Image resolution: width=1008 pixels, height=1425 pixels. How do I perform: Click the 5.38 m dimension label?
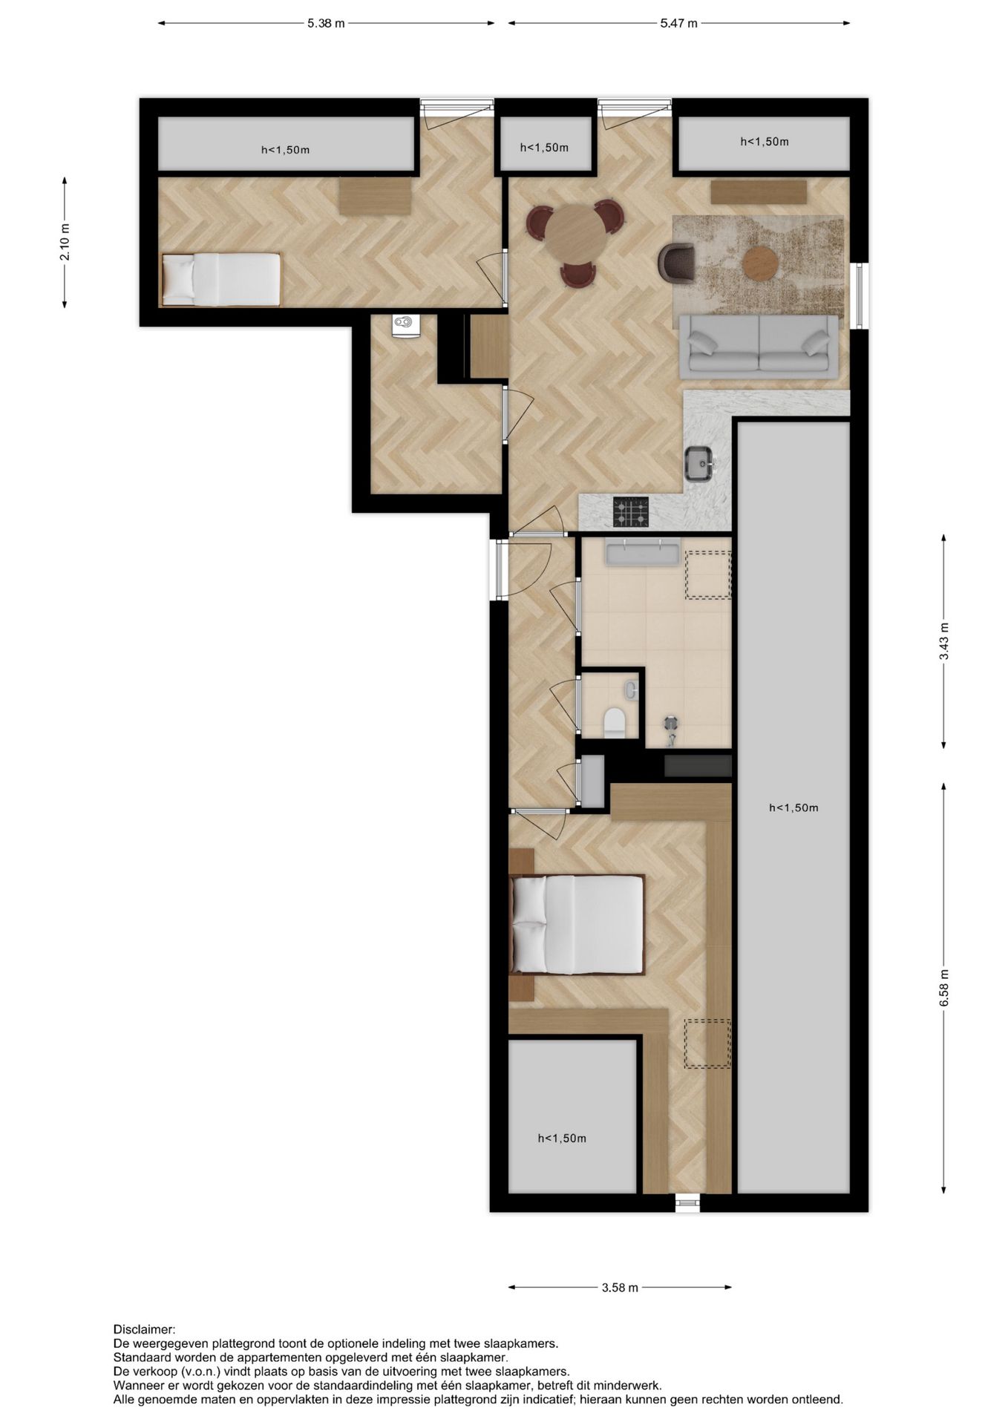pyautogui.click(x=326, y=23)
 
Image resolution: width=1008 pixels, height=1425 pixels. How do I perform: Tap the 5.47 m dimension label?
pyautogui.click(x=678, y=23)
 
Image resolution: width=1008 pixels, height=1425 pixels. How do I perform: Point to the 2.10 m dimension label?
pyautogui.click(x=65, y=243)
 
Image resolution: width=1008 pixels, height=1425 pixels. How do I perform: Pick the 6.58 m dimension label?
pyautogui.click(x=943, y=989)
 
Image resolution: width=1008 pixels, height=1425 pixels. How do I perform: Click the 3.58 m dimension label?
pyautogui.click(x=620, y=1288)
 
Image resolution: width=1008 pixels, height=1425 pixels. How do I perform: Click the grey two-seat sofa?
pyautogui.click(x=759, y=343)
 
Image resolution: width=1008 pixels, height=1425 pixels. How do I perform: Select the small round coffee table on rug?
pyautogui.click(x=760, y=263)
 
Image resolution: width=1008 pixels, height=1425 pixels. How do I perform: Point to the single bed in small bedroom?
pyautogui.click(x=220, y=279)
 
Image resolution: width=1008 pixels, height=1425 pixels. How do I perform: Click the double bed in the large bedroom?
pyautogui.click(x=577, y=924)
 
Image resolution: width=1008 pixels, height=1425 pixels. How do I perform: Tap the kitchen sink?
pyautogui.click(x=699, y=464)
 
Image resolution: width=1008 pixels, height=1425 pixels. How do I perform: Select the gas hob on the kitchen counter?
pyautogui.click(x=630, y=512)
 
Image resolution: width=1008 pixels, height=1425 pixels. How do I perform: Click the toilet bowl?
pyautogui.click(x=614, y=722)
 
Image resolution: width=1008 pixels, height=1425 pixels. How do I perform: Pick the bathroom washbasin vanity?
pyautogui.click(x=643, y=554)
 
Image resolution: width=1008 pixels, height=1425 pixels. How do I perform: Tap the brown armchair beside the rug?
pyautogui.click(x=677, y=263)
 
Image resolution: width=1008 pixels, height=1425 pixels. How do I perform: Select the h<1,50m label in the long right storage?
pyautogui.click(x=793, y=807)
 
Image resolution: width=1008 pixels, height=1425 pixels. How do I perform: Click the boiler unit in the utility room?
pyautogui.click(x=405, y=324)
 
